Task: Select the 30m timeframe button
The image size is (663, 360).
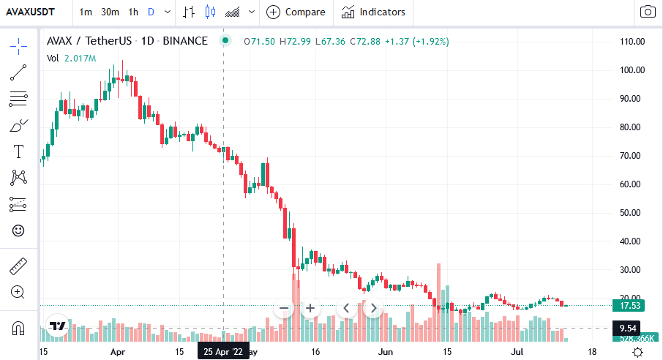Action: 110,12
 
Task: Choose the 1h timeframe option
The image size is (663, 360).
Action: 132,12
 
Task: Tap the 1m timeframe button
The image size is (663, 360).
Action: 86,12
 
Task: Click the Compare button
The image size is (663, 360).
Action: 297,12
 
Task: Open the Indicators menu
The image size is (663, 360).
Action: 373,12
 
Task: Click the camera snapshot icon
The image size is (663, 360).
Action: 647,12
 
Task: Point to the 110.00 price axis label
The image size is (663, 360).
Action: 630,42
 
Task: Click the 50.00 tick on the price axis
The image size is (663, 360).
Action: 630,213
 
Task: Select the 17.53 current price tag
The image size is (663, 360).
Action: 630,306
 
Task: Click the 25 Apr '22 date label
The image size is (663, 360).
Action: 223,352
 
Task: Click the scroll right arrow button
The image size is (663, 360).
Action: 372,308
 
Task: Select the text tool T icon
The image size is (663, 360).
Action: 18,151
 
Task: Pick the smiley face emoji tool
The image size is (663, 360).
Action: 18,230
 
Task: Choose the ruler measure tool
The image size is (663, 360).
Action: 18,266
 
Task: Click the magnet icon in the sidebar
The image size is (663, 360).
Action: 18,329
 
